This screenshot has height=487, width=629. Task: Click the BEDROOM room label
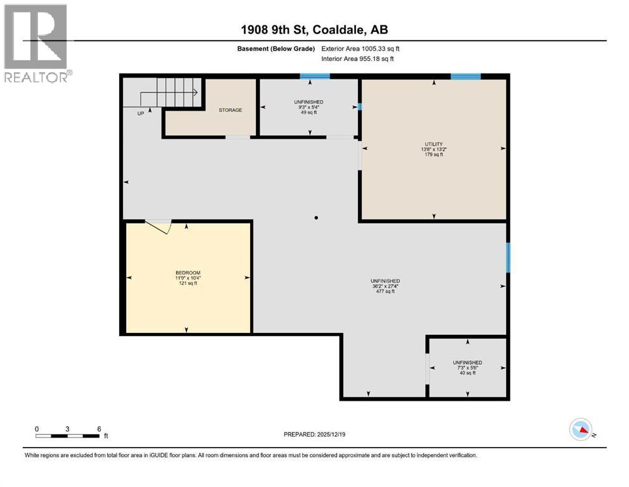(187, 273)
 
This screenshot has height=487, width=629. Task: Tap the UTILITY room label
(434, 144)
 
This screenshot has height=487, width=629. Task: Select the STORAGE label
(231, 110)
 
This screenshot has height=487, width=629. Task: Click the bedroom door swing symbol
(159, 226)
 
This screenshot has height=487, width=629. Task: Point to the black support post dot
(316, 218)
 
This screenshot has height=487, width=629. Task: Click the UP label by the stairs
(141, 114)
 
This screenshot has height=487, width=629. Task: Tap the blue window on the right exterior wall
(508, 257)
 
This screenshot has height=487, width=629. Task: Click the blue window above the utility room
(466, 76)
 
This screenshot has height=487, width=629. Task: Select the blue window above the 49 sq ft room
(315, 76)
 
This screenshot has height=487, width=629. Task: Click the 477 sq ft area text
(385, 292)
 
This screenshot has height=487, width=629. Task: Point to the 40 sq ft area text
(467, 373)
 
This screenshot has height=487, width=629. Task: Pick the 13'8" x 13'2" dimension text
(434, 150)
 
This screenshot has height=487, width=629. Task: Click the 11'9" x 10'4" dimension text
(187, 278)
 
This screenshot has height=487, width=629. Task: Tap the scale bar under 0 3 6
(67, 436)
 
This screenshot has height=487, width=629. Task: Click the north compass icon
(581, 429)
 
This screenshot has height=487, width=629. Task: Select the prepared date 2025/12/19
(331, 434)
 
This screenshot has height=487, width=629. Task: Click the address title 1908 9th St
(274, 30)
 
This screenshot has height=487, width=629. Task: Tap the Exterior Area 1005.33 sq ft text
(360, 49)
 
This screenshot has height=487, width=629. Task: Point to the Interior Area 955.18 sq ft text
(357, 58)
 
